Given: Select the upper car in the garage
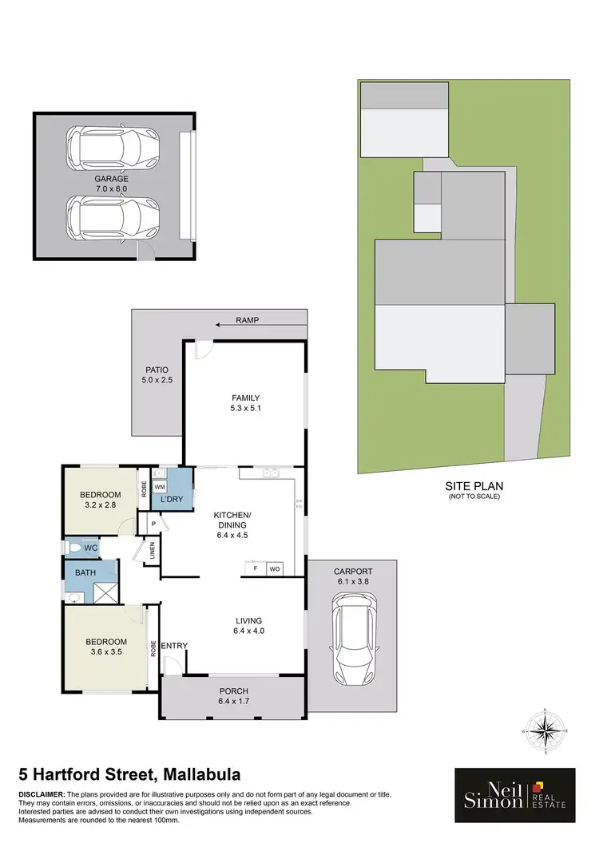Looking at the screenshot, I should (113, 144).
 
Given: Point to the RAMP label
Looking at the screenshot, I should (248, 320).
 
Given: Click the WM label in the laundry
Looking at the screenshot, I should (159, 486).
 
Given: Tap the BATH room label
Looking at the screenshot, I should (86, 572).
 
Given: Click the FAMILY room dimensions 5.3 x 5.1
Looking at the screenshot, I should (246, 410).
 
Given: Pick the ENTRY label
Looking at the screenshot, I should (173, 645).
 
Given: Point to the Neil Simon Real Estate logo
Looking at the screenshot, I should (514, 795).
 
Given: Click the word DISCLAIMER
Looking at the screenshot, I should (42, 794).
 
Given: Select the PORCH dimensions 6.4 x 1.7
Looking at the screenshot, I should (234, 702).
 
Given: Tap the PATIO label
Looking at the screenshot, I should (157, 370).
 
